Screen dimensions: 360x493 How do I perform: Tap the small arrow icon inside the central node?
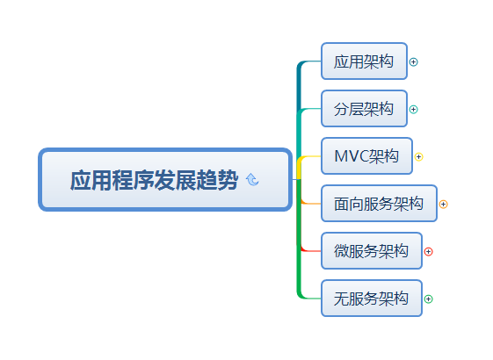[253, 180]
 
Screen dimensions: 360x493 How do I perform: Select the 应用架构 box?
[364, 61]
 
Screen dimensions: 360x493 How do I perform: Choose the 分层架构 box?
[364, 109]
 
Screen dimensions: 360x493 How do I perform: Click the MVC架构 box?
[366, 156]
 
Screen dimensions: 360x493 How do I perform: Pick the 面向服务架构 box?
[379, 204]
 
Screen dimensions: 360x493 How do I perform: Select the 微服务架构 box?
[371, 251]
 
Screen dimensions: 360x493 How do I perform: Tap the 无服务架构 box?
[371, 299]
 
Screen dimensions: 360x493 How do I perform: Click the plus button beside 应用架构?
[414, 62]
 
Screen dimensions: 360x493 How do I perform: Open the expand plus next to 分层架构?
[414, 110]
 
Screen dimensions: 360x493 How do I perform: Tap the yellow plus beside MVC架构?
[419, 157]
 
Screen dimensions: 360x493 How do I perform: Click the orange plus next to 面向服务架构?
[443, 205]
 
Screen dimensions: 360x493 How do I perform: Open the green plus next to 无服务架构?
[429, 299]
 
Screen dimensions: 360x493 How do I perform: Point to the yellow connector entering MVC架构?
[310, 157]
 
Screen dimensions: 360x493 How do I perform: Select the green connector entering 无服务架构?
[310, 298]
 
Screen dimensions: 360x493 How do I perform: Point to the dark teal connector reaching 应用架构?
[310, 62]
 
